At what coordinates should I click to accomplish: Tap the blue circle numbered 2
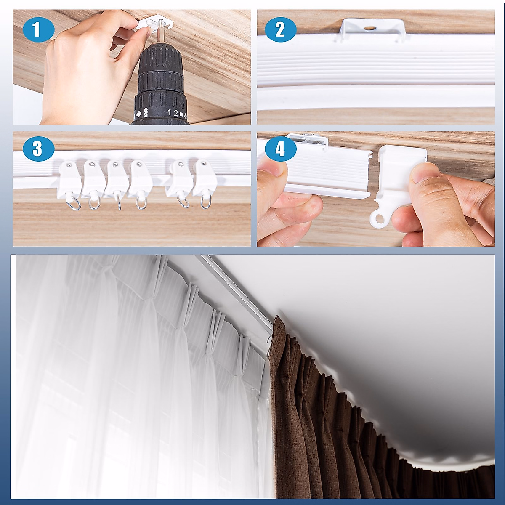(x=281, y=30)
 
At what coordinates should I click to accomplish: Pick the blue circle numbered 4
(x=281, y=149)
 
